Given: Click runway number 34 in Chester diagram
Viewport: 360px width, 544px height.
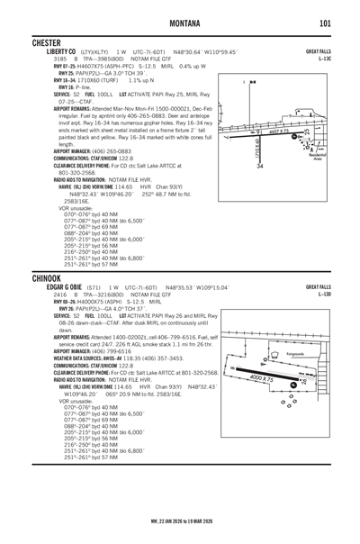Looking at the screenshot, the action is pyautogui.click(x=260, y=167).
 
